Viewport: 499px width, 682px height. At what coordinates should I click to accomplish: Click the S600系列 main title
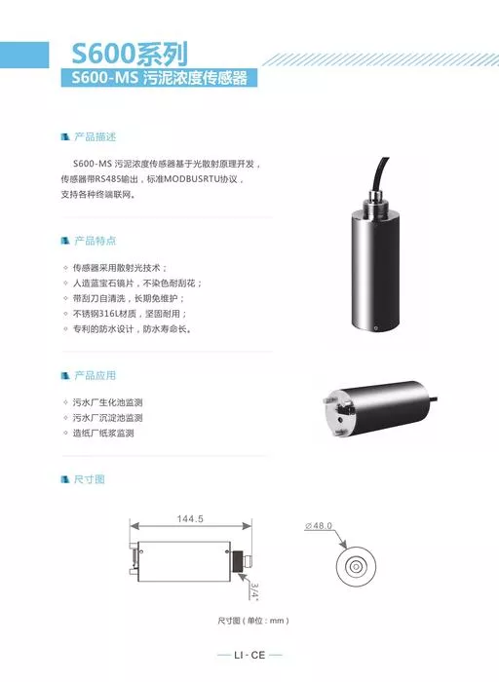[130, 54]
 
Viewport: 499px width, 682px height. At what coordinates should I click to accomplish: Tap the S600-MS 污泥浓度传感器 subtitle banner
[159, 78]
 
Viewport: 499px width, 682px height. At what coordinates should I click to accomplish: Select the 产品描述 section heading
[95, 137]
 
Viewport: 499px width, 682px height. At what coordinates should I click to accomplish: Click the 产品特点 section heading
[95, 241]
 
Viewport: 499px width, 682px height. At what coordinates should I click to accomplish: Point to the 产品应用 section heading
[95, 375]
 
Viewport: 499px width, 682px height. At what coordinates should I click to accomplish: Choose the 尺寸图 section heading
[90, 479]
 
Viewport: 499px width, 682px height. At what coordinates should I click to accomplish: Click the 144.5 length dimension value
[190, 518]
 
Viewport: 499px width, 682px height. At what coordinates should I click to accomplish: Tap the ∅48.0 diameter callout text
[319, 525]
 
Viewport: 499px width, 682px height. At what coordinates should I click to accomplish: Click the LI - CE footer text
[249, 655]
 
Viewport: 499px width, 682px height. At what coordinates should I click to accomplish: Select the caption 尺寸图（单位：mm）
[253, 621]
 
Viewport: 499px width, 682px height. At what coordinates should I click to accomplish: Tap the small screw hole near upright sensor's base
[376, 325]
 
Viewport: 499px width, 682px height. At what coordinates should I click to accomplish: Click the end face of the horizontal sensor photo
[340, 413]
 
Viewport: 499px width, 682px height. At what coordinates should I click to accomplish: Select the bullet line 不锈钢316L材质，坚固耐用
[130, 314]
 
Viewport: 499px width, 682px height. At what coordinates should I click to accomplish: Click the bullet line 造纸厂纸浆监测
[103, 434]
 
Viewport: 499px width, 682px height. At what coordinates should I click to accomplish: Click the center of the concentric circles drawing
[356, 566]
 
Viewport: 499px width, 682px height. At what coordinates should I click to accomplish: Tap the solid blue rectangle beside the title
[24, 55]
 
